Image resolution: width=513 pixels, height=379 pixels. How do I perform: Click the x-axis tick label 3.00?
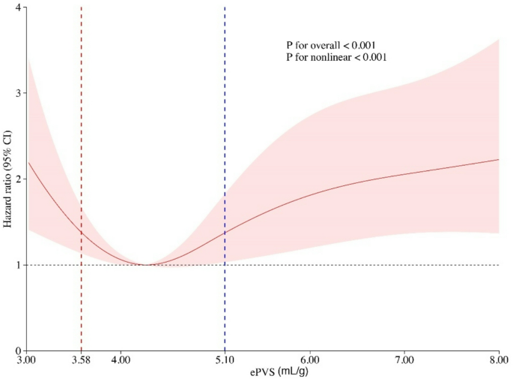tap(26, 361)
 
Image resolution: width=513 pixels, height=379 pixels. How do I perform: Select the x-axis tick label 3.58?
tap(81, 361)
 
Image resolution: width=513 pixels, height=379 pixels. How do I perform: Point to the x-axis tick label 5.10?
tap(225, 361)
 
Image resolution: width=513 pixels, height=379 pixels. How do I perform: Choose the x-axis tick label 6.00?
tap(310, 361)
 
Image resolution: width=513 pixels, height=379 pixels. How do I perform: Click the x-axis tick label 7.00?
tap(404, 361)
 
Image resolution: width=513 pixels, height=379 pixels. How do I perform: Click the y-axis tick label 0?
tap(16, 350)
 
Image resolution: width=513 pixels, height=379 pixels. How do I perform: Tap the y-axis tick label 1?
tap(16, 265)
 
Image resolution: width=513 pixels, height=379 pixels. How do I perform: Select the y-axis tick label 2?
tap(16, 179)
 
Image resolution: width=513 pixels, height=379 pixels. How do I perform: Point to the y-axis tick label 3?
tap(16, 93)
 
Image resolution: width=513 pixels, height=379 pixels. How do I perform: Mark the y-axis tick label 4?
tap(16, 8)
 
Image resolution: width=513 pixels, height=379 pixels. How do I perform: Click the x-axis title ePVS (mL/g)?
tap(262, 371)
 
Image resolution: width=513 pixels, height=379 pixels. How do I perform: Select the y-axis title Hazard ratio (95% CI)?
tap(7, 179)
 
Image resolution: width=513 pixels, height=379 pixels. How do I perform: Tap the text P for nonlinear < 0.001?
tap(336, 57)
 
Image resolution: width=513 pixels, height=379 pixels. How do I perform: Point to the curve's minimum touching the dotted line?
tap(147, 264)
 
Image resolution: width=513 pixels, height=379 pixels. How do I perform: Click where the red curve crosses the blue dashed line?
tap(225, 233)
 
